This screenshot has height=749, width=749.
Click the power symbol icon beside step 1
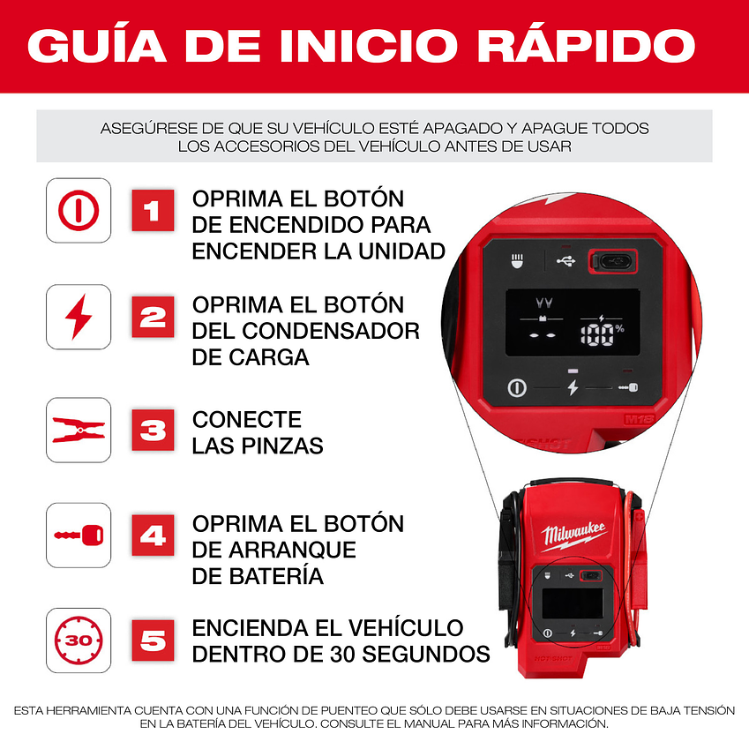click(x=79, y=210)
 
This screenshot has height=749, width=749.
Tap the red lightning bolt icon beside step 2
click(x=79, y=317)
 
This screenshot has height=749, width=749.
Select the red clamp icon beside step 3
click(x=79, y=430)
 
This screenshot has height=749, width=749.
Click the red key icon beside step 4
click(x=79, y=535)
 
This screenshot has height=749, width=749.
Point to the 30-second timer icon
click(x=79, y=640)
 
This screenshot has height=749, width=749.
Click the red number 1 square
click(x=153, y=210)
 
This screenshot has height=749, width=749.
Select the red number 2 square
click(x=153, y=317)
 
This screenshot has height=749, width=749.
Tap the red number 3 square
click(x=153, y=430)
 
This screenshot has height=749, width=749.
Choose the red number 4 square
click(x=153, y=535)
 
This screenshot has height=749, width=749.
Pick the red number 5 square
click(x=153, y=640)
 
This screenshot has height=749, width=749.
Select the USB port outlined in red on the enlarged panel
click(x=612, y=260)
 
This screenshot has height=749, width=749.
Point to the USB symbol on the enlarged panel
click(x=565, y=261)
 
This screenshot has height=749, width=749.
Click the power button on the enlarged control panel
click(x=517, y=387)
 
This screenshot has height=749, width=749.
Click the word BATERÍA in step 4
click(x=258, y=576)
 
